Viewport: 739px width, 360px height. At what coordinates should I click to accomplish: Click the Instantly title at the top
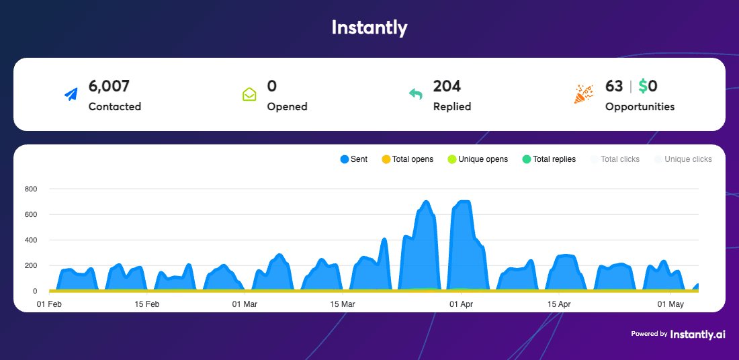pyautogui.click(x=369, y=28)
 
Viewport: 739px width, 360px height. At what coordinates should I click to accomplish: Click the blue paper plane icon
pyautogui.click(x=71, y=95)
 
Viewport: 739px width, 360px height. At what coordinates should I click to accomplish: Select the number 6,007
pyautogui.click(x=109, y=86)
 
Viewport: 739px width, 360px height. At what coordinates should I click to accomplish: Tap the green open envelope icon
pyautogui.click(x=249, y=95)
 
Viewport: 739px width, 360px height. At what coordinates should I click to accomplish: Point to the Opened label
pyautogui.click(x=287, y=106)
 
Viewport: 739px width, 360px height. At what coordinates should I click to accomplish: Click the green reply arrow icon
pyautogui.click(x=416, y=95)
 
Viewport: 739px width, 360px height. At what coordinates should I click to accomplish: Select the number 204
pyautogui.click(x=447, y=86)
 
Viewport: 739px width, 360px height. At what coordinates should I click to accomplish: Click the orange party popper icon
pyautogui.click(x=583, y=95)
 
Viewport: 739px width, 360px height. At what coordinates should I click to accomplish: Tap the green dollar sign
pyautogui.click(x=643, y=86)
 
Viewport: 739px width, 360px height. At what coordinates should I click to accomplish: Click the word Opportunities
pyautogui.click(x=640, y=106)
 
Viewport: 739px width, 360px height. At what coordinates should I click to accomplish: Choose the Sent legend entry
pyautogui.click(x=353, y=159)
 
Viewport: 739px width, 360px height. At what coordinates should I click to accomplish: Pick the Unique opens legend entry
pyautogui.click(x=478, y=159)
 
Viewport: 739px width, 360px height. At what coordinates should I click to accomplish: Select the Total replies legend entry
pyautogui.click(x=549, y=159)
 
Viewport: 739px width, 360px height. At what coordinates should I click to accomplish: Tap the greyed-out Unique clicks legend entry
pyautogui.click(x=683, y=159)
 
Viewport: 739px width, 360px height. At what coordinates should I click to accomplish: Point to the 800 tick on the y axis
pyautogui.click(x=30, y=189)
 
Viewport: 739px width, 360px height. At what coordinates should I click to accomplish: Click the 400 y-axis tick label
pyautogui.click(x=30, y=240)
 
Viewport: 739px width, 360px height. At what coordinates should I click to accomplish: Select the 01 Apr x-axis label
pyautogui.click(x=462, y=304)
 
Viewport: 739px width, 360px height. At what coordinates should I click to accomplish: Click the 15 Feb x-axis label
pyautogui.click(x=147, y=304)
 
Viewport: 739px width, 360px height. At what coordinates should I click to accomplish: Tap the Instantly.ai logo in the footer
pyautogui.click(x=697, y=334)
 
